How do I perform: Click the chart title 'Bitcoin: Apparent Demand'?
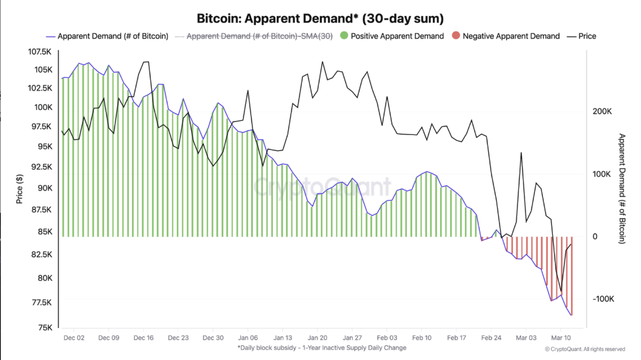(x=320, y=18)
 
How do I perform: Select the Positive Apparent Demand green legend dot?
(x=344, y=35)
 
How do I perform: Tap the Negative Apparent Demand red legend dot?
(x=456, y=35)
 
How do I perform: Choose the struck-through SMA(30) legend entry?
(x=259, y=36)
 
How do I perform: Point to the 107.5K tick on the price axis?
(x=40, y=52)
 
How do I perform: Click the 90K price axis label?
(x=45, y=188)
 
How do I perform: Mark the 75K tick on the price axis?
(x=45, y=328)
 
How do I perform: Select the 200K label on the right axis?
(x=602, y=111)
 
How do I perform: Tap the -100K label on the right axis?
(x=603, y=299)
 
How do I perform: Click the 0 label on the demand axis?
(x=595, y=237)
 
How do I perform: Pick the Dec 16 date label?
(x=143, y=338)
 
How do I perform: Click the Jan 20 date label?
(x=317, y=338)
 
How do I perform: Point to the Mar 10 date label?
(x=561, y=338)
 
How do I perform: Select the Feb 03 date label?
(x=387, y=338)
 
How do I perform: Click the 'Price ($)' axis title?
(x=19, y=189)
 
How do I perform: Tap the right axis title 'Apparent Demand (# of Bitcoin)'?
(x=622, y=189)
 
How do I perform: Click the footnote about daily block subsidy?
(x=322, y=348)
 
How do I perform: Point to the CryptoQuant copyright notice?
(x=585, y=349)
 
